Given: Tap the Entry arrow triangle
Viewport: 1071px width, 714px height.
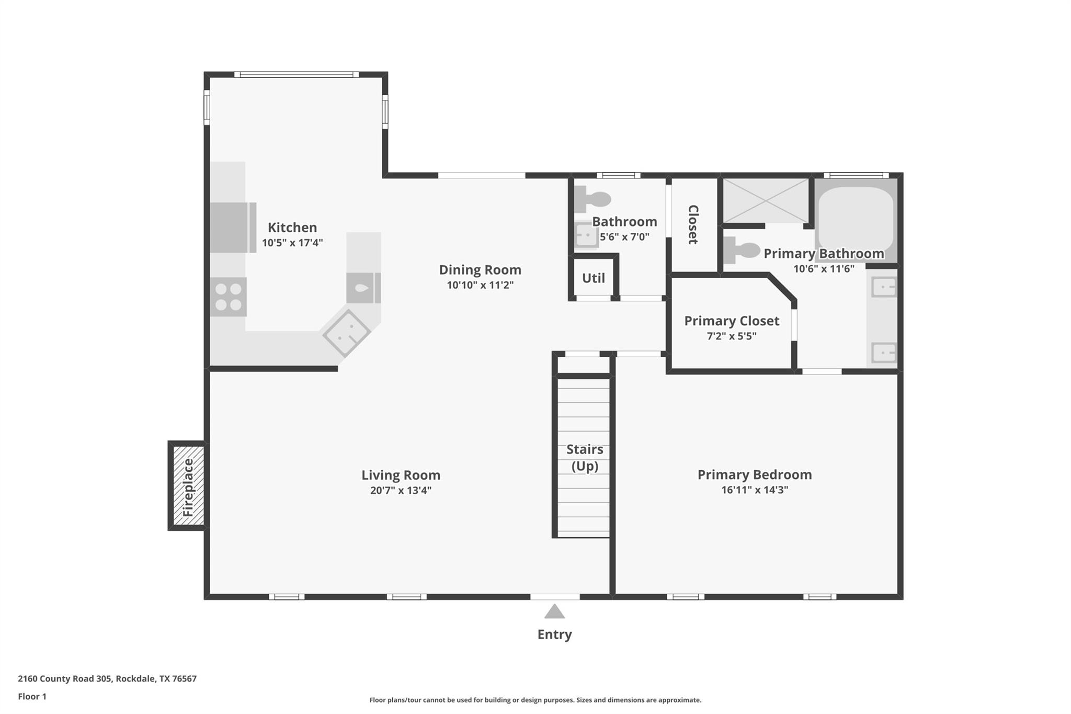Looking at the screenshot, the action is coord(554,612).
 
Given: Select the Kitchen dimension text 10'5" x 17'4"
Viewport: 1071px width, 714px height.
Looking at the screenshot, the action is coord(292,243).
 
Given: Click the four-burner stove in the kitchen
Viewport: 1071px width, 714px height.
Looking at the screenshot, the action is coord(229,297).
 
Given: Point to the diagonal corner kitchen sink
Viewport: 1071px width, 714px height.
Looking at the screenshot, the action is coord(346,333).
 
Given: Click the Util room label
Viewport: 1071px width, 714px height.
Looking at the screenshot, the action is coord(594,278).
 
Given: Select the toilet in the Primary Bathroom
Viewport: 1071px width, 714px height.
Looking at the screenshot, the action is coord(742,251).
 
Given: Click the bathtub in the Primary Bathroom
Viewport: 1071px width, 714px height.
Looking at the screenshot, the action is coord(856,219).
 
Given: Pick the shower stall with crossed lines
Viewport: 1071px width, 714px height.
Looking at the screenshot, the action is coord(765,200).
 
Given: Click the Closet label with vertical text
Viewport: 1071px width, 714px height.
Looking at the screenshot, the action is coord(693,224).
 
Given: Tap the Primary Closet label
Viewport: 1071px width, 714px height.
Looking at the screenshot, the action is coord(732,321).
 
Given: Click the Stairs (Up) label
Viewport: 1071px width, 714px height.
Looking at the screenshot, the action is coord(585,457).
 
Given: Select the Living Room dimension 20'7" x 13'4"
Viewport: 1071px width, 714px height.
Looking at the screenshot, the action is coord(401,490).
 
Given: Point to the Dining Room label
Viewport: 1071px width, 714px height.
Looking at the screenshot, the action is coord(480,270).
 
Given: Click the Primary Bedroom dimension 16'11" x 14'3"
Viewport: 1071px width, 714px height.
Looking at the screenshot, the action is coord(754,490).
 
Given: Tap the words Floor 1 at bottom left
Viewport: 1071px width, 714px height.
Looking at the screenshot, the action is coord(32,696).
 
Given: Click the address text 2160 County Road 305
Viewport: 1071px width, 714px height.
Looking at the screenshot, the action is coord(64,678).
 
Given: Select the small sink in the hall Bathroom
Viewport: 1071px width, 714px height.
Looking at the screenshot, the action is coord(586,235).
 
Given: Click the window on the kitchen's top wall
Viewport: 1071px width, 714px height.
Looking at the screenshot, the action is coord(297,74).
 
